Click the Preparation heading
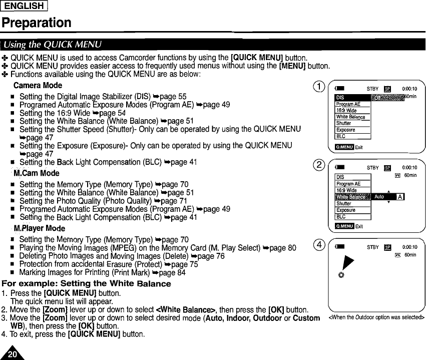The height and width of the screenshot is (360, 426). point(36,23)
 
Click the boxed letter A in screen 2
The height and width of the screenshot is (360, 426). point(399,197)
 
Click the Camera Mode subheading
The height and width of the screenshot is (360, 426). point(38,85)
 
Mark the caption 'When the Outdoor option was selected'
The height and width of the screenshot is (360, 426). point(376,317)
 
